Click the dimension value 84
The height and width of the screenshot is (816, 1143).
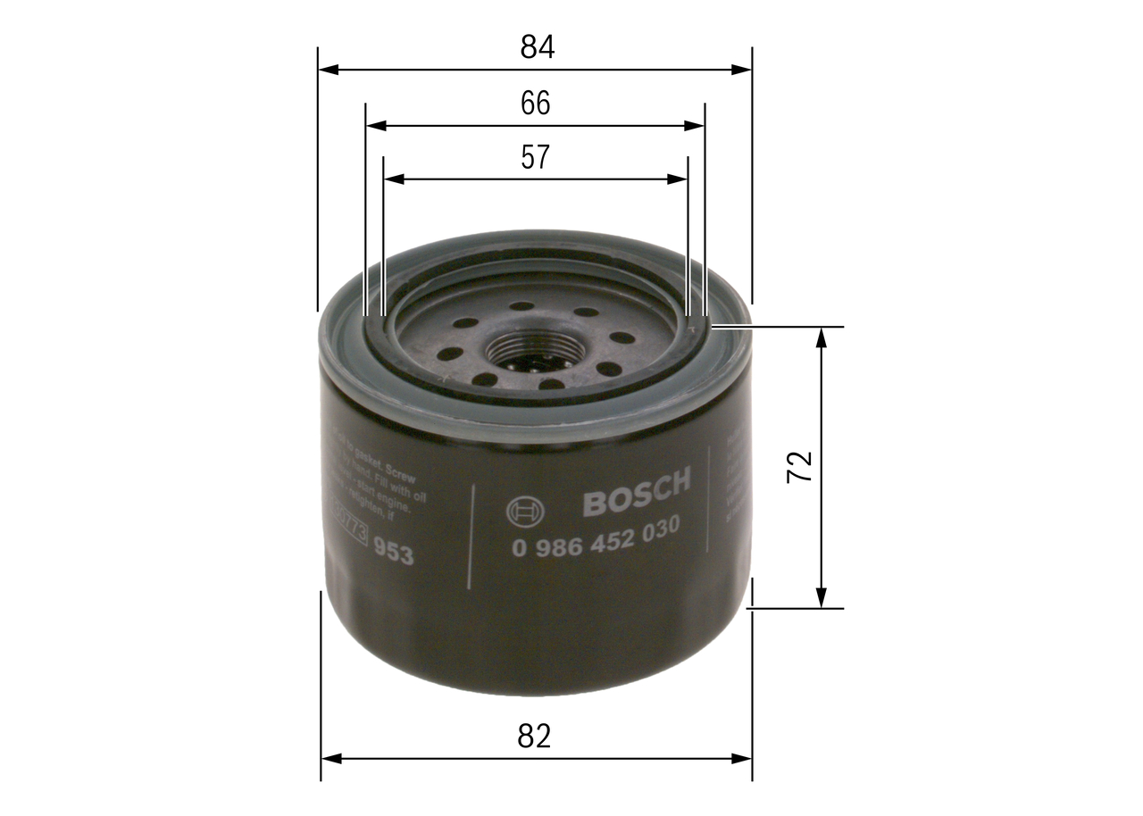(537, 47)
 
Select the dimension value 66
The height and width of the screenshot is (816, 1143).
(536, 104)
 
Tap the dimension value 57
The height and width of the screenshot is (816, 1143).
(535, 158)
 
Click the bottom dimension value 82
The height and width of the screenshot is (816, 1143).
(534, 737)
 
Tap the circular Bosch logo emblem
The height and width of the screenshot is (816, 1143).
(522, 512)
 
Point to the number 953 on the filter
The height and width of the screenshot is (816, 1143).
(393, 553)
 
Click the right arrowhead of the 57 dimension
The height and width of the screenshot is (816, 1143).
(679, 179)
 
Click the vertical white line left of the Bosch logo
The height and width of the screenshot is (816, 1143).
(470, 536)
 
